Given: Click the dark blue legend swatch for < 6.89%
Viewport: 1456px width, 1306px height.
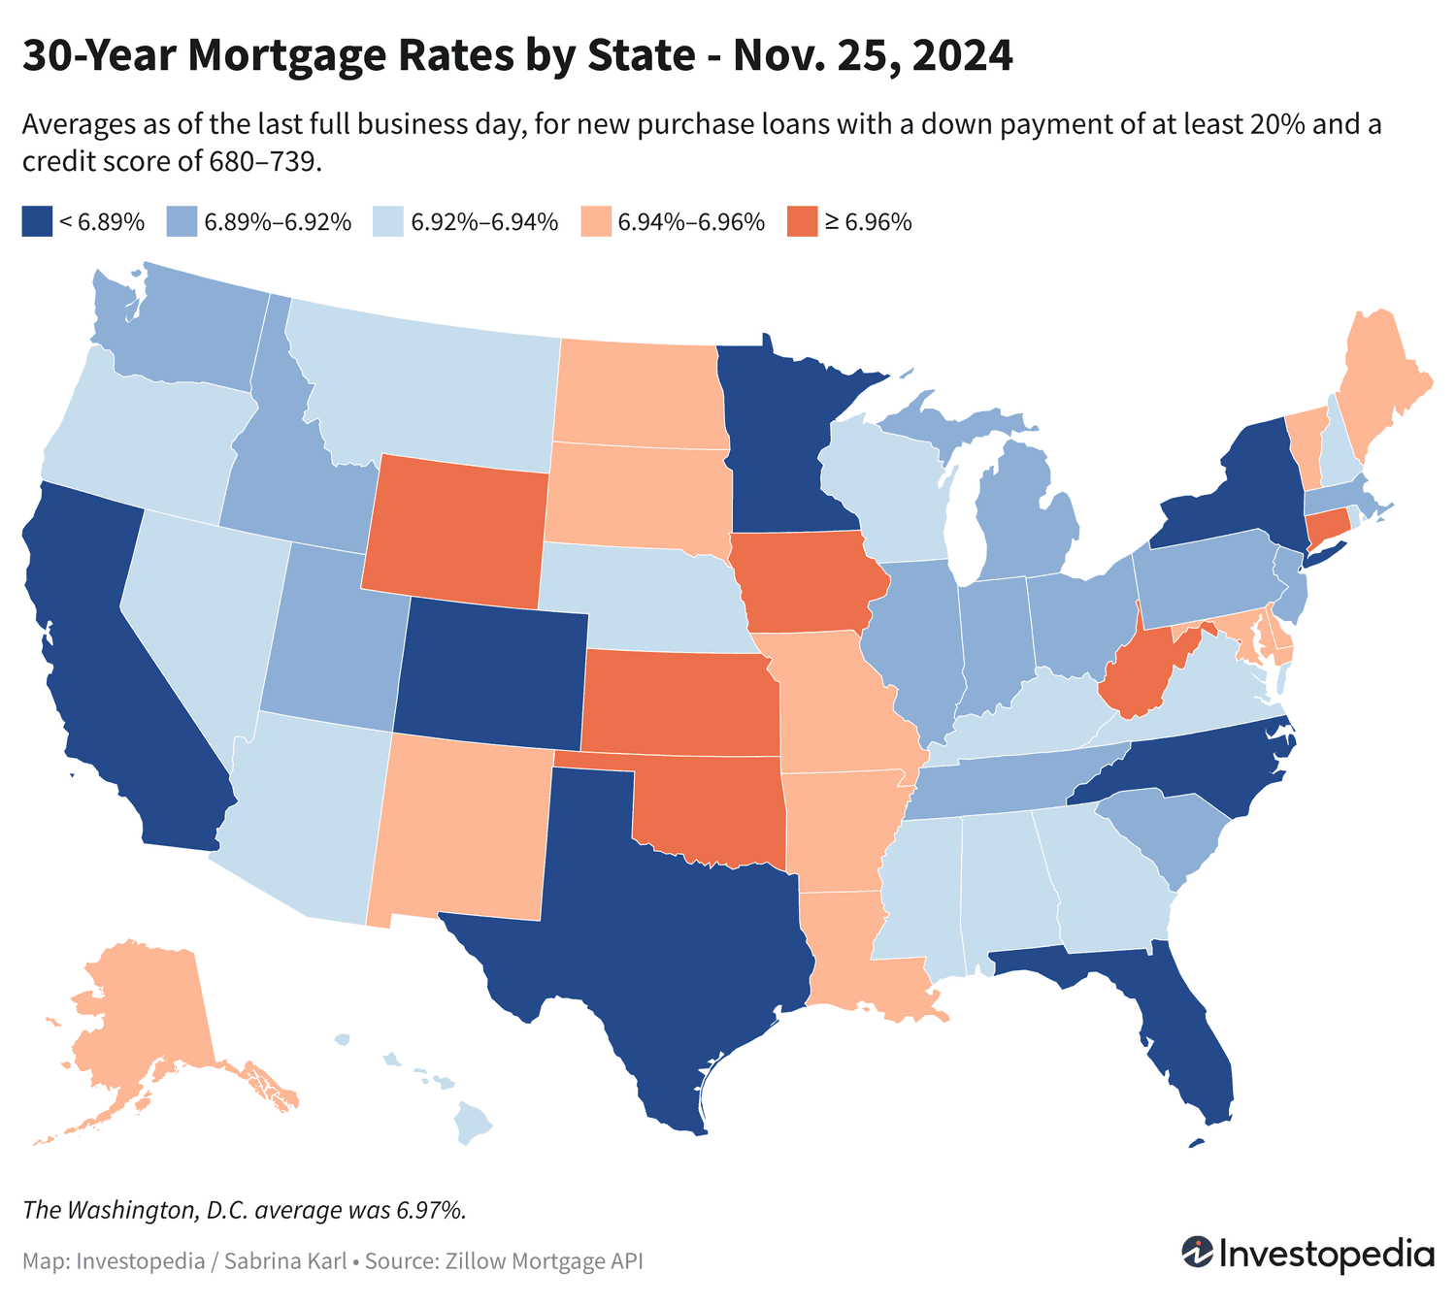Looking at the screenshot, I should (36, 221).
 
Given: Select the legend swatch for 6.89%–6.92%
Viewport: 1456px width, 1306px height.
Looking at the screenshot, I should (182, 221).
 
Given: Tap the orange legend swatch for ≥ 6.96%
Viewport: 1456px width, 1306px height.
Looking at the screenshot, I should (803, 221).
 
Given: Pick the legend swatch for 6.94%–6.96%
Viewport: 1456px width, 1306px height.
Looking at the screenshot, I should (595, 221).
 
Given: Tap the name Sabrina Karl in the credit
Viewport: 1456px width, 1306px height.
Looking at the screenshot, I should (285, 1261).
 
